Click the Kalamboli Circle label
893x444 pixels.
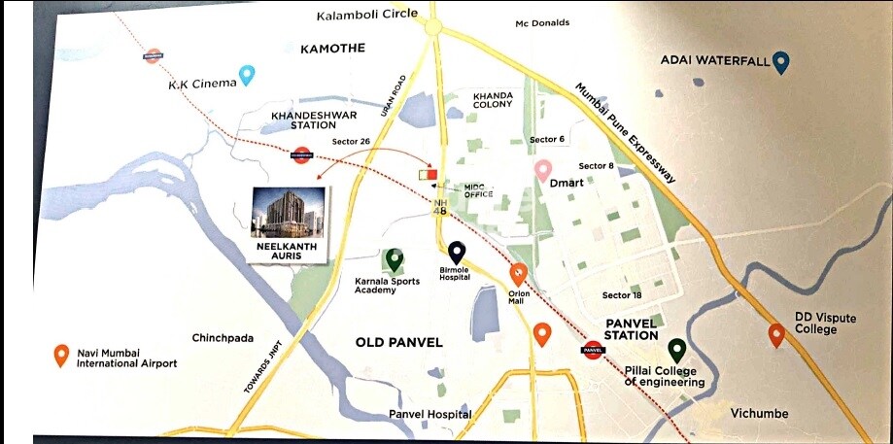pos(367,14)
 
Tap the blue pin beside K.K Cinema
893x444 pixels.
pos(247,74)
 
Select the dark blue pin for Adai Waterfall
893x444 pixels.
pos(781,62)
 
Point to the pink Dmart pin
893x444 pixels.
pos(544,171)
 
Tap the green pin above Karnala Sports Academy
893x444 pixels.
pos(394,259)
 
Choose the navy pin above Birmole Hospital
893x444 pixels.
pos(456,254)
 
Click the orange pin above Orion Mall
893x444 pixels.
pos(518,274)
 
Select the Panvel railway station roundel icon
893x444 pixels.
pos(593,351)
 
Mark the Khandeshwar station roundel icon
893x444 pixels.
pos(301,154)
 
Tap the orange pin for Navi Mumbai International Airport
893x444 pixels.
pos(61,356)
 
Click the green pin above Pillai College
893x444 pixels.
pos(676,351)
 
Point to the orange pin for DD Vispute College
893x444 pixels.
pos(775,335)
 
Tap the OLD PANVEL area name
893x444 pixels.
pos(399,342)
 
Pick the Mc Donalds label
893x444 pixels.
pos(542,22)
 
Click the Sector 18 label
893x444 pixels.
pos(622,294)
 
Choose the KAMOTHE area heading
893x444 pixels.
pos(332,49)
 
